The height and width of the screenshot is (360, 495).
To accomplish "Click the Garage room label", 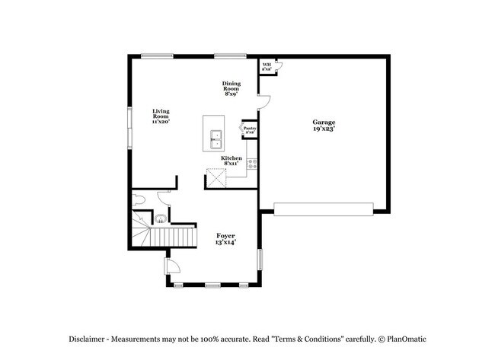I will pos(324,126).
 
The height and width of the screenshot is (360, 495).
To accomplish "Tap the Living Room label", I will pos(160,116).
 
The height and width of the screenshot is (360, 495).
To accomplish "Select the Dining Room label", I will pos(232,88).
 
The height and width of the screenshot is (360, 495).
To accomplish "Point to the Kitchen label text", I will pos(232,161).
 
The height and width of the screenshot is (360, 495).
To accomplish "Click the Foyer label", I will pos(225,239).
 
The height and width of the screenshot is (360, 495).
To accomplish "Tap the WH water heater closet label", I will pos(267,66).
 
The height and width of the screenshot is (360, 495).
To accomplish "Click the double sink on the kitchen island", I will pos(216,138).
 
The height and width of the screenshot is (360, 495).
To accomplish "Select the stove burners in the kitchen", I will pos(252,163).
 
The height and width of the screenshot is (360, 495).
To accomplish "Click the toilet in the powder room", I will pos(138,200).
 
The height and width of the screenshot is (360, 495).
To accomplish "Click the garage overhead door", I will pos(323,208).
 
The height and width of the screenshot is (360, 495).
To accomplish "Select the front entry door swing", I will pos(172,266).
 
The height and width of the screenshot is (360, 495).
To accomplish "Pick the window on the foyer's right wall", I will pos(260,259).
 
